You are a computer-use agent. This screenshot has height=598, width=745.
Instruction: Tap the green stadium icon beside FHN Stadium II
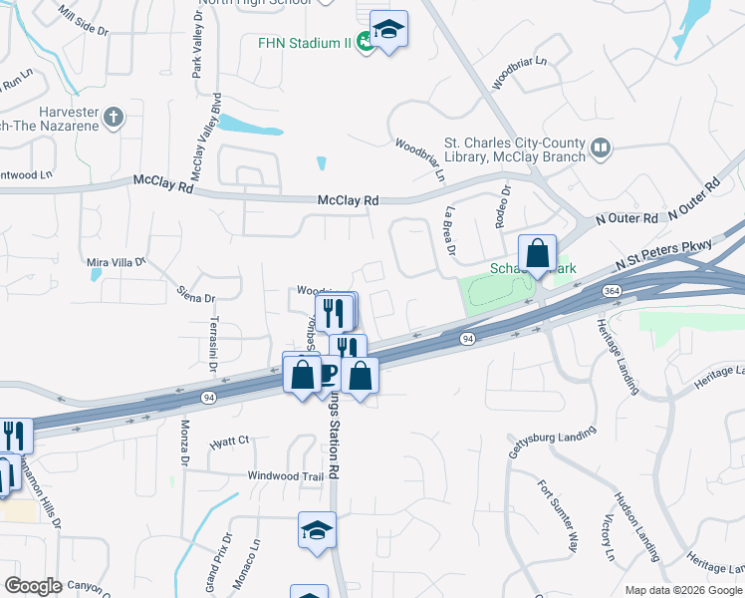(366, 42)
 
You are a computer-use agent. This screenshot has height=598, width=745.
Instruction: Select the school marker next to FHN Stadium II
(388, 31)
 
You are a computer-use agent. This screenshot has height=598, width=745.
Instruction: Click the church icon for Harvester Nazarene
(113, 117)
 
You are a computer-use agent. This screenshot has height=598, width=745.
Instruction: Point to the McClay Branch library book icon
(600, 149)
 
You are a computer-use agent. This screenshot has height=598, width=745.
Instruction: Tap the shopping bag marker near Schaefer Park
(537, 255)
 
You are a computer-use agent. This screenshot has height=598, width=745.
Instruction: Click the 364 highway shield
(609, 290)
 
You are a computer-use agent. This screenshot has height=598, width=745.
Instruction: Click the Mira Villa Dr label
(117, 262)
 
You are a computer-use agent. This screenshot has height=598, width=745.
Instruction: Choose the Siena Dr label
(195, 296)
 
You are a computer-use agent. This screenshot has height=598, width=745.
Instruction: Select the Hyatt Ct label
(229, 441)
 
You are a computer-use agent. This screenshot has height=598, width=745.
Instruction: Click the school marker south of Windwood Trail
(318, 531)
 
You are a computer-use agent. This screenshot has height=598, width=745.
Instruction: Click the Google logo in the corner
(33, 586)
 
